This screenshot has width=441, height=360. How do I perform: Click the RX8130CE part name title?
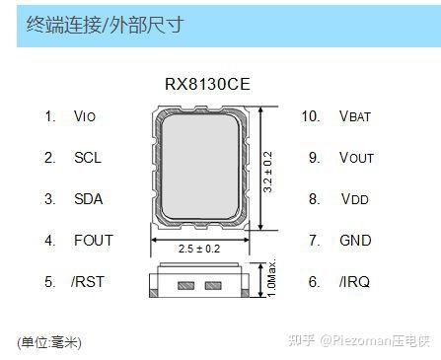[x=206, y=85]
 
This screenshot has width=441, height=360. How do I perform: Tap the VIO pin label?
[x=85, y=116]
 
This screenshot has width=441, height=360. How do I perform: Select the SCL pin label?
[x=87, y=158]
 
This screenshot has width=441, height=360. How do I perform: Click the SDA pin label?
[x=88, y=199]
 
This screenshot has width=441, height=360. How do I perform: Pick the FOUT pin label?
[x=93, y=241]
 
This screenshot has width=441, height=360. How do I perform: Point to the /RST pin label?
[x=88, y=282]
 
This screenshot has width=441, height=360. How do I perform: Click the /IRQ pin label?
[x=353, y=282]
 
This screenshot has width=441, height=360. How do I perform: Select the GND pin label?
[x=355, y=241]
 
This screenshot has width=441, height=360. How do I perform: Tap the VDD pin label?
[x=355, y=199]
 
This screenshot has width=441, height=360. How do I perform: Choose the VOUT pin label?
[x=356, y=158]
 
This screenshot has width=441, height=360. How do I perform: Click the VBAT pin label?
[x=355, y=116]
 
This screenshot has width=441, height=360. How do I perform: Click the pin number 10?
[x=312, y=116]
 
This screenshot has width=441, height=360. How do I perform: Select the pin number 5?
[x=49, y=282]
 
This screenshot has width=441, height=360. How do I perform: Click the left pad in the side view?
[x=184, y=286]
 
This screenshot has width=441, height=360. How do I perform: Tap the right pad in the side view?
[x=211, y=286]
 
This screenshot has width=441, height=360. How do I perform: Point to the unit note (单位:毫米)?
[x=49, y=342]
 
